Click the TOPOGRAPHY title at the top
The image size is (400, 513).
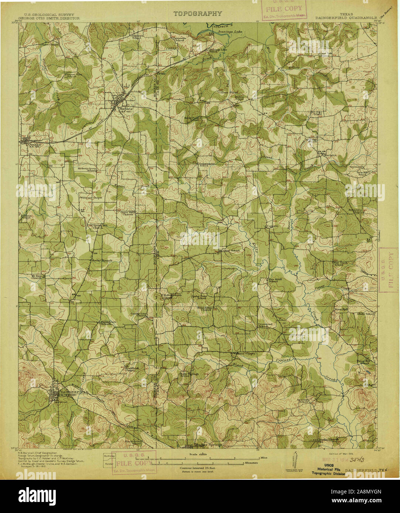198,14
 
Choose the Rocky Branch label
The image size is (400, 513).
102,260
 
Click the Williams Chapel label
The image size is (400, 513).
91,198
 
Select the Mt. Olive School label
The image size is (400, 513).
229,251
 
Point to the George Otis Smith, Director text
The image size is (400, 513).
49,17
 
